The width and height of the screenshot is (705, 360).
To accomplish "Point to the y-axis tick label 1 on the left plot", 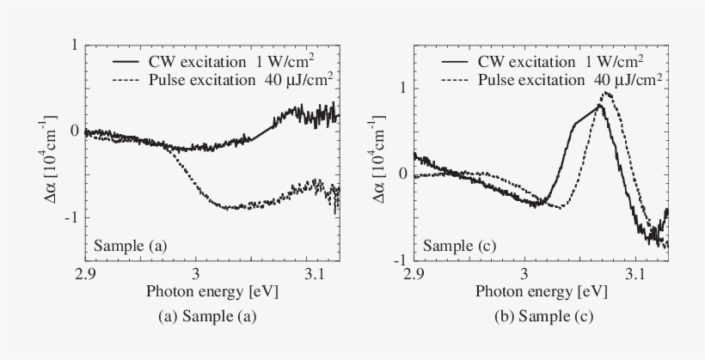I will coord(76,45).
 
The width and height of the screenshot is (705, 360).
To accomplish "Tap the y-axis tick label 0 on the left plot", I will coord(76,131).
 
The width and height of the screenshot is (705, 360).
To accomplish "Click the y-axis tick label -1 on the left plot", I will coord(73,217).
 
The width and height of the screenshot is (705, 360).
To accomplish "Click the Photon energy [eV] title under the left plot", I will coord(211,292).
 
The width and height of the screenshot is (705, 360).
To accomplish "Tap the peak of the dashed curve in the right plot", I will coord(606,93).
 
